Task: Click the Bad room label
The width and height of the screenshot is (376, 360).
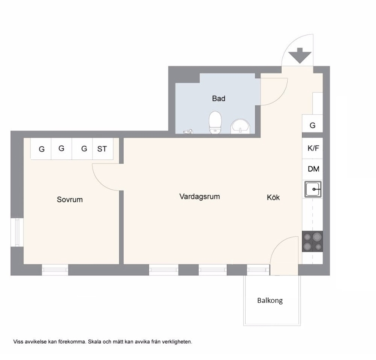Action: (218, 98)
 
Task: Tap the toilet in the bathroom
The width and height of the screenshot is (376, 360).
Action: (215, 122)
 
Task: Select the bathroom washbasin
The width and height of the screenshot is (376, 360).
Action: (240, 126)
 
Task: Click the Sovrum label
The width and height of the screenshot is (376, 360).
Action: (70, 200)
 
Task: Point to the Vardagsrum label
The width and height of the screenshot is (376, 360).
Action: (199, 197)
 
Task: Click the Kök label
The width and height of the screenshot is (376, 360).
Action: (273, 197)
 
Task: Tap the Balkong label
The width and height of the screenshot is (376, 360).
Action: (270, 300)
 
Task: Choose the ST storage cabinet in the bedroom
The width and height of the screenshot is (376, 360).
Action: (103, 149)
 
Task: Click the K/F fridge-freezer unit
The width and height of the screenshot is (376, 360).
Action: (312, 148)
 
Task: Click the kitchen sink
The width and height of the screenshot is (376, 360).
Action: (313, 189)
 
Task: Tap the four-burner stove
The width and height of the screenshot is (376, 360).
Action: (312, 241)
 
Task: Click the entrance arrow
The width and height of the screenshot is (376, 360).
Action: (300, 56)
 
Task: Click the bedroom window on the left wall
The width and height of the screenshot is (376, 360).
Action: (17, 232)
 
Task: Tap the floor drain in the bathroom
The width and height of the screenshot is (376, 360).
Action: (188, 132)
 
